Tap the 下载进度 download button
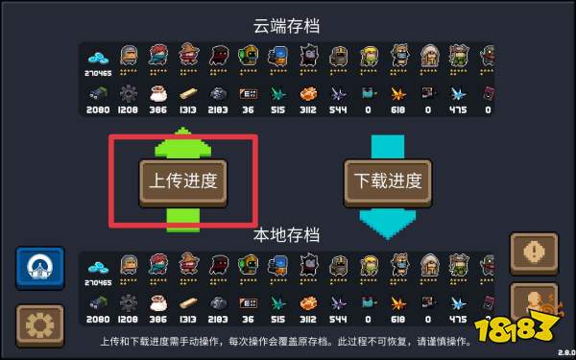(x=388, y=179)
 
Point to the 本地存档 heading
(x=286, y=235)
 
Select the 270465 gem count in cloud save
(x=98, y=71)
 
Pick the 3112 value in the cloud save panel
(x=308, y=109)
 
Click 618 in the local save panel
(x=396, y=318)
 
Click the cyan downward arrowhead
(x=388, y=219)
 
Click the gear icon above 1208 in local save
(x=128, y=302)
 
